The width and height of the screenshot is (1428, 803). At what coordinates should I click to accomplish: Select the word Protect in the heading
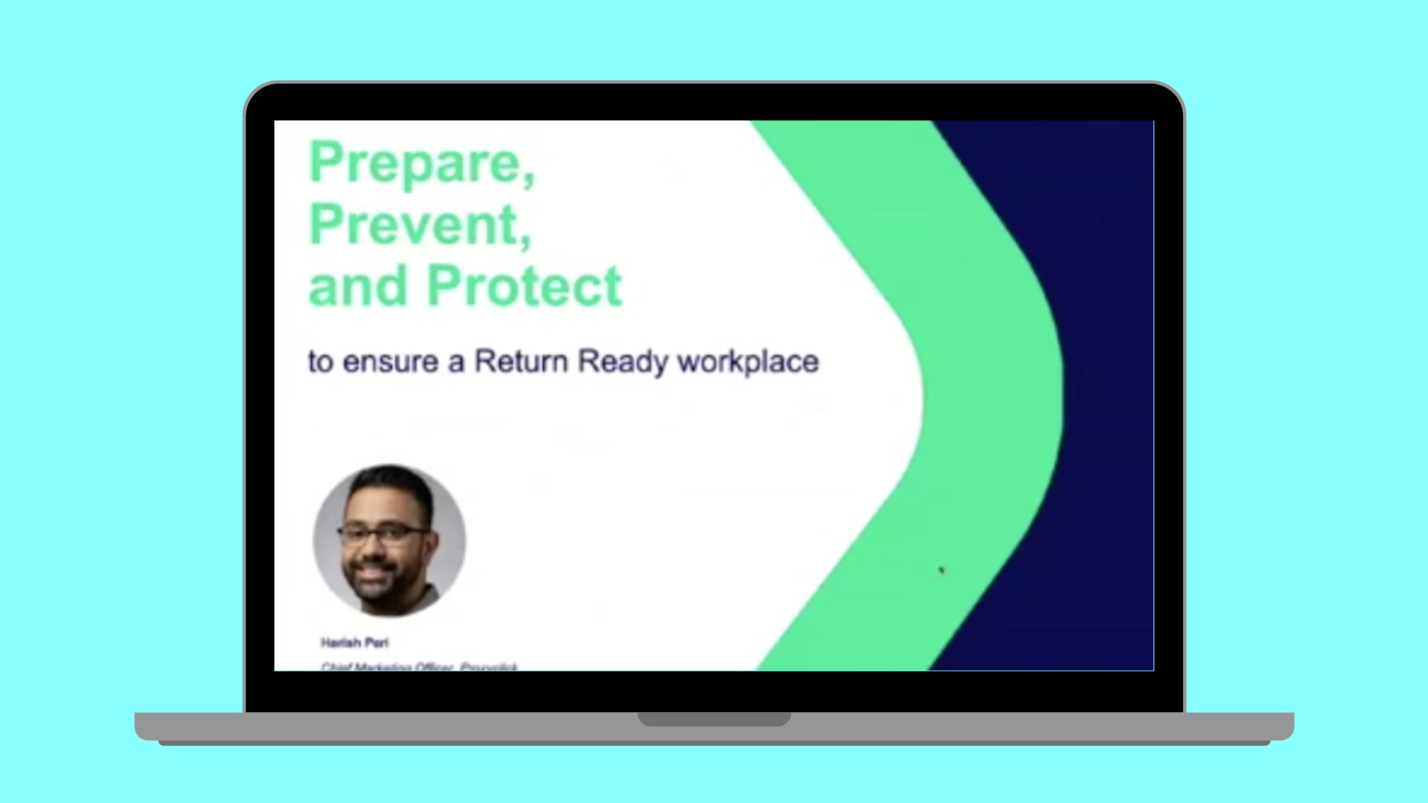coord(524,287)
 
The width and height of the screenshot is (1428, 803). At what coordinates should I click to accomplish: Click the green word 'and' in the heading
coord(357,287)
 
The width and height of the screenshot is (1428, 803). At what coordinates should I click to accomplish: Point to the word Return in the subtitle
coord(521,361)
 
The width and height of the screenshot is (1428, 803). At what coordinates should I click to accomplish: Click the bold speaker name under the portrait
coord(355,643)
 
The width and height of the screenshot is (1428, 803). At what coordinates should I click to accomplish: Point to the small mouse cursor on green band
coord(941,570)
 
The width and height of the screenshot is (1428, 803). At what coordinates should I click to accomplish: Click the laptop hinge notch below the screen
coord(714,719)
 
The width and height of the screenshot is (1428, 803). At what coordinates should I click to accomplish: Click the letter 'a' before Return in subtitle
coord(456,362)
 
